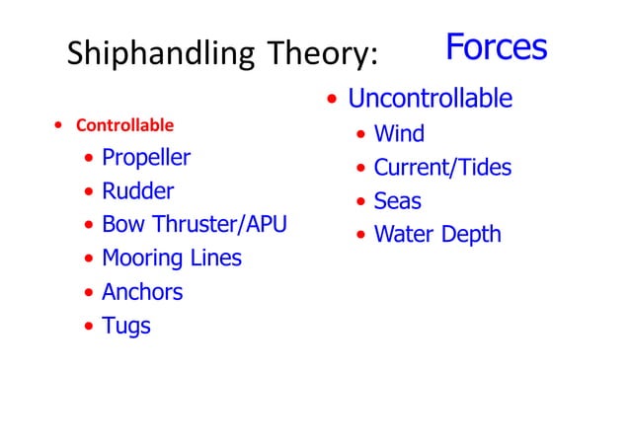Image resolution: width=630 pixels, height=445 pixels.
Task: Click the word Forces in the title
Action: (496, 46)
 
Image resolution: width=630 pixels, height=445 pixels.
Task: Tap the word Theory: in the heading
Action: (321, 54)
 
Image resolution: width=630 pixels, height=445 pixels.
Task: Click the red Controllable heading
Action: (124, 125)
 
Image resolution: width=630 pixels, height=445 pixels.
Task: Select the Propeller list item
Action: (146, 158)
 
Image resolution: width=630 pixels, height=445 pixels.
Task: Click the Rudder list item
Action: (137, 191)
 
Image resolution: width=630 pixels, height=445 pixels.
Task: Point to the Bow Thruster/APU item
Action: (195, 225)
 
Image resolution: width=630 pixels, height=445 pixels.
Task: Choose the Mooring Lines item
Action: (172, 259)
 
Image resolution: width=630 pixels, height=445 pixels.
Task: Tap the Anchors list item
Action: (142, 292)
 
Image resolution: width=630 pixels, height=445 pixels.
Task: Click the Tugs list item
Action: (126, 326)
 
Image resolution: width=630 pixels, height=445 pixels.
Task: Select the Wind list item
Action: (399, 133)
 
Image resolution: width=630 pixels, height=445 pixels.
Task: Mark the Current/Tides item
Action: (442, 167)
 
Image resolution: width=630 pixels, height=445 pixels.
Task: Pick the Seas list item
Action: (397, 201)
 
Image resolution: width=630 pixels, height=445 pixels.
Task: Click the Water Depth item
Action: (437, 235)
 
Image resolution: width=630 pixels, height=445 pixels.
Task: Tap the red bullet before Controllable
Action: (59, 126)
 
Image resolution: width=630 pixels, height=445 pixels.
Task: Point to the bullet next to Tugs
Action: (90, 327)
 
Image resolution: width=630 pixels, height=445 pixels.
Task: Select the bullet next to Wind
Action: (361, 134)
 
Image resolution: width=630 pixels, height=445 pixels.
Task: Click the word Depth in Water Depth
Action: (473, 235)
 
